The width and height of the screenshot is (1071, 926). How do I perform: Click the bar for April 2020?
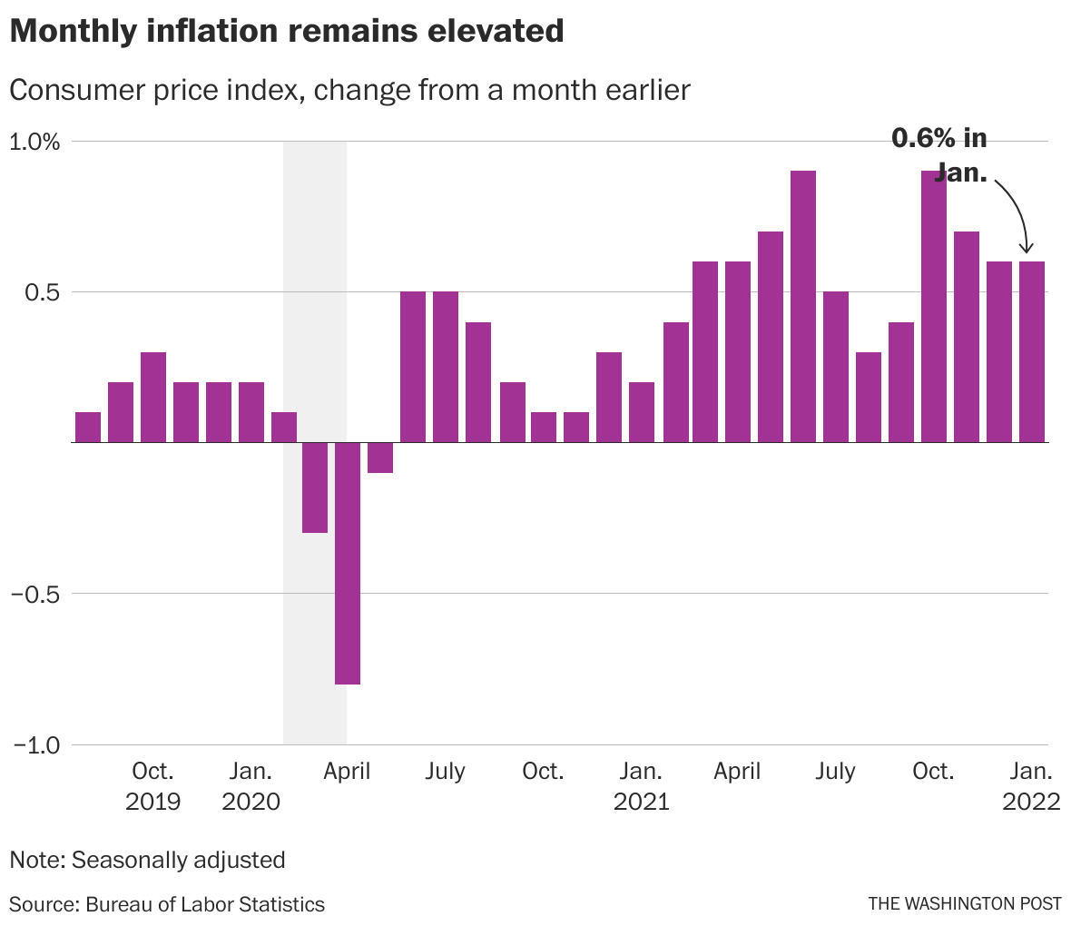[x=348, y=563]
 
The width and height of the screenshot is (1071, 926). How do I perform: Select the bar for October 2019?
[x=153, y=397]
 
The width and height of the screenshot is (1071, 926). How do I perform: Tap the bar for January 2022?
[x=1032, y=352]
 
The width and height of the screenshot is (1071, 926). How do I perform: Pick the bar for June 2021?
[x=803, y=307]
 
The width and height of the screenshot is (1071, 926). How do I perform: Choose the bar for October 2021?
[x=934, y=307]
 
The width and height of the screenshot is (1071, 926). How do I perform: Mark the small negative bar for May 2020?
[x=380, y=458]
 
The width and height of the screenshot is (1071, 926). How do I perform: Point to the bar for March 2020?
[x=315, y=488]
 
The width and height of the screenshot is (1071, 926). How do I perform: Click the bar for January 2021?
[x=642, y=412]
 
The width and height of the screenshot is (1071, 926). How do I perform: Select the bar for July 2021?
[x=836, y=367]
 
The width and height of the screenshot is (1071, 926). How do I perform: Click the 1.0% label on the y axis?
[x=34, y=142]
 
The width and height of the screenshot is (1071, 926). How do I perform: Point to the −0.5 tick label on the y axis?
[x=36, y=595]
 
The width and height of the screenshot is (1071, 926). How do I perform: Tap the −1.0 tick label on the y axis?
[x=36, y=745]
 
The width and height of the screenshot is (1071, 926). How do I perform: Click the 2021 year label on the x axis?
[x=641, y=802]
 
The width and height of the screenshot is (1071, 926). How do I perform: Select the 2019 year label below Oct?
[x=152, y=802]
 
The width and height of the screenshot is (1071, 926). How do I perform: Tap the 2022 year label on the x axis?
[x=1031, y=802]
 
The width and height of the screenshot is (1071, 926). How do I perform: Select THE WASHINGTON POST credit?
[x=964, y=904]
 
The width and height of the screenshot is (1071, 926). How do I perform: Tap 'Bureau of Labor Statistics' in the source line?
[x=205, y=904]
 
